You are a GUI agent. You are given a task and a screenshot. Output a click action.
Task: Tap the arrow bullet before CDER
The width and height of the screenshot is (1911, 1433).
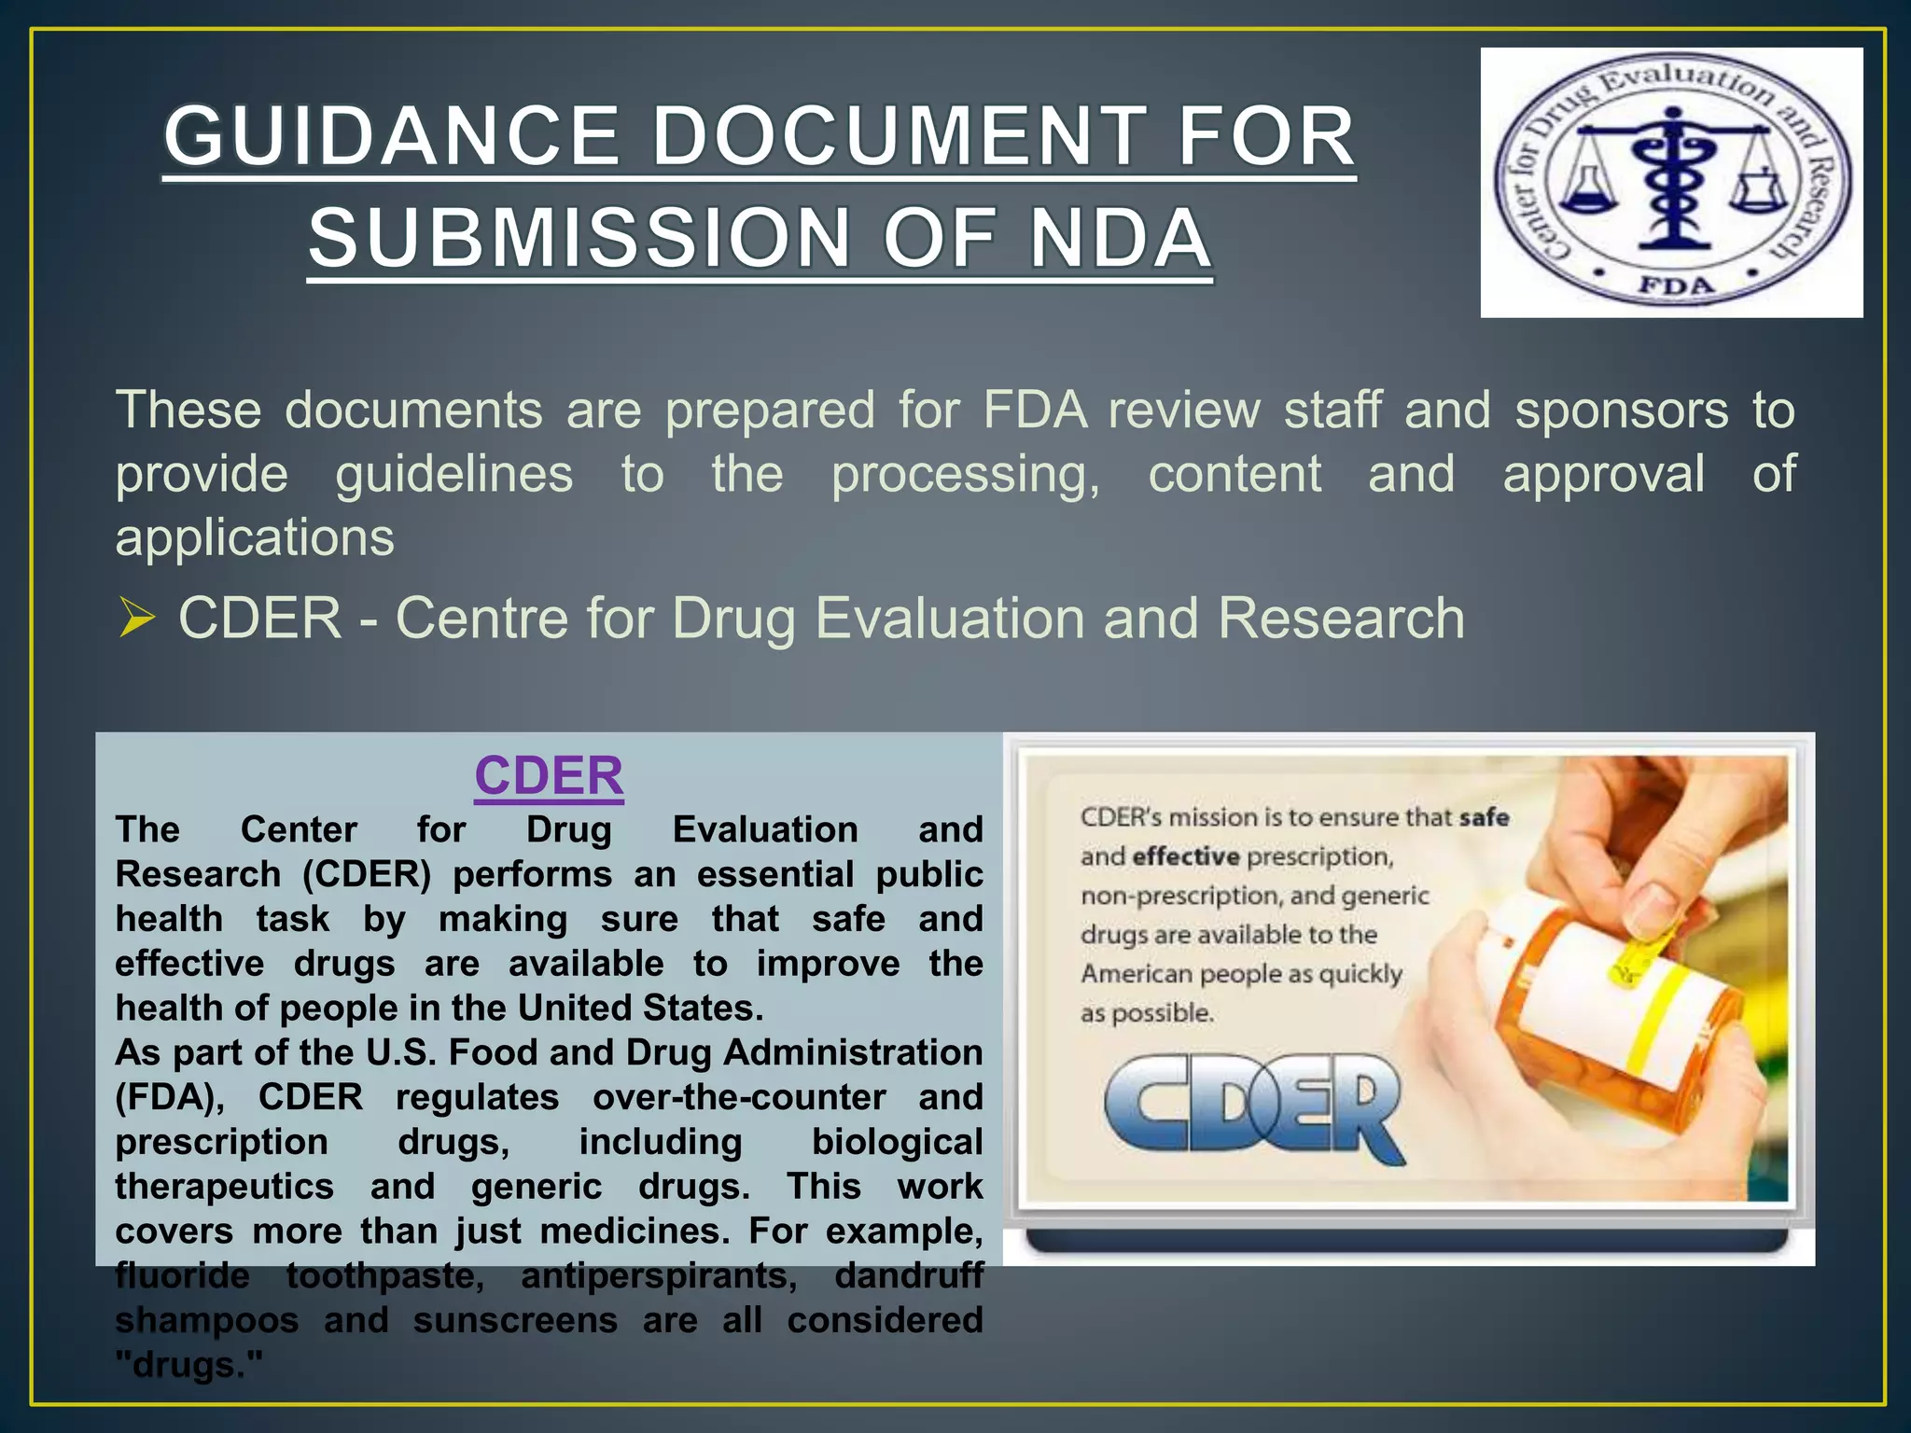(136, 619)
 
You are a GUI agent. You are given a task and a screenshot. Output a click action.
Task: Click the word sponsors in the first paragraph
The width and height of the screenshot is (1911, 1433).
(1622, 410)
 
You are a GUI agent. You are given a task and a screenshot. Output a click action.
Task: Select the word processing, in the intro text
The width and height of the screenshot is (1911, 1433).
(966, 474)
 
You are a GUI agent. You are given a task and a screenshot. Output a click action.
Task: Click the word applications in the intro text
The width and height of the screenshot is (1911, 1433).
(255, 537)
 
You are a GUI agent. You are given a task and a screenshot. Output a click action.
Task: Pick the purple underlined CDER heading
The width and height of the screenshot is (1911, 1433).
(549, 776)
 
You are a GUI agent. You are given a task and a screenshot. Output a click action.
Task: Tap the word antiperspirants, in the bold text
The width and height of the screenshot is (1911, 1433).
(659, 1275)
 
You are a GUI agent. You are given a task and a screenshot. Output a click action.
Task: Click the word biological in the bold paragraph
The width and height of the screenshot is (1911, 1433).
(897, 1142)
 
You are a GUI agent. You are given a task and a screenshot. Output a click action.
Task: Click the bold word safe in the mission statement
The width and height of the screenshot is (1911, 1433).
(1485, 817)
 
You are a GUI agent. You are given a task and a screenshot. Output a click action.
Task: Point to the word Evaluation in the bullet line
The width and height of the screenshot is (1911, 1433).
(950, 619)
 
